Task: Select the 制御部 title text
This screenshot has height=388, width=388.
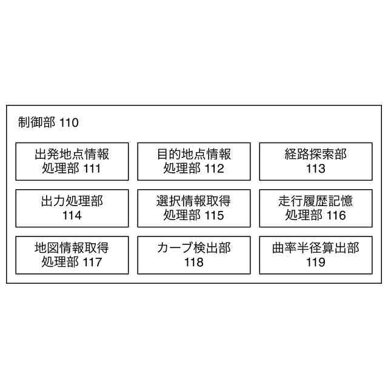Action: click(38, 123)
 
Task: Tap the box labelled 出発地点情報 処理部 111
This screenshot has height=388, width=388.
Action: click(72, 161)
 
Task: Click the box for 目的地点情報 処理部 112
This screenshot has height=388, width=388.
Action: click(194, 161)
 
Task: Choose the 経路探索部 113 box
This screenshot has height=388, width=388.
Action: click(315, 161)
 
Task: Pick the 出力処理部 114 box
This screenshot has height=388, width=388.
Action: click(72, 208)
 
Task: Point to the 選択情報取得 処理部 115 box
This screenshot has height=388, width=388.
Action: click(194, 208)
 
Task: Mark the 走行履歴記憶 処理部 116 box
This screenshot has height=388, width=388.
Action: click(315, 208)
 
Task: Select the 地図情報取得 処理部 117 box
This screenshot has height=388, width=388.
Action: click(72, 255)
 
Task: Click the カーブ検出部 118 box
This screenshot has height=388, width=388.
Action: click(194, 255)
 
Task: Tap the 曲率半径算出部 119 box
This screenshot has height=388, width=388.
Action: click(315, 255)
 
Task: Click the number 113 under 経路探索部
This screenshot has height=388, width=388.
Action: click(315, 169)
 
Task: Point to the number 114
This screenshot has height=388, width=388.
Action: click(72, 215)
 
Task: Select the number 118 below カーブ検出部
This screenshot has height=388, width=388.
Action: click(194, 262)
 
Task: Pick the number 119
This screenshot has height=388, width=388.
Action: click(315, 262)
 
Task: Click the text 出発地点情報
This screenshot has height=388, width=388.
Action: click(72, 154)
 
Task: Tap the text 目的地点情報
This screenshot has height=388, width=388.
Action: click(194, 154)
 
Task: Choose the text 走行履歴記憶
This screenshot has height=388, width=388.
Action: click(315, 201)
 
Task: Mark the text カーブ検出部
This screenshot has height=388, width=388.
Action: click(194, 247)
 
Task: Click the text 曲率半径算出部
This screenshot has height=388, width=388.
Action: click(315, 247)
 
